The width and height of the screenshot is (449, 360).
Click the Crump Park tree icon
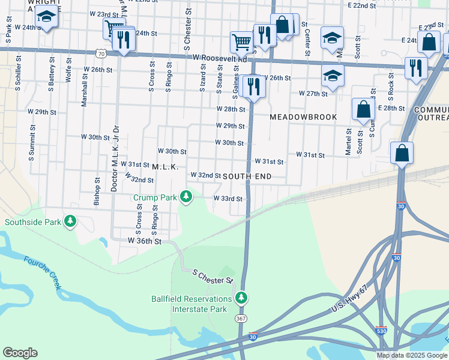[187, 196]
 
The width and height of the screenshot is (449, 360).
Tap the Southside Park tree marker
[71, 222]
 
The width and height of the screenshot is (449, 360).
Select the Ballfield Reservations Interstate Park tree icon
[241, 297]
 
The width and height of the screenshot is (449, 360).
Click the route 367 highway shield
[240, 317]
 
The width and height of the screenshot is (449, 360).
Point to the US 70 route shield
[103, 54]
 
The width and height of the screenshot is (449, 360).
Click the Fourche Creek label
[42, 273]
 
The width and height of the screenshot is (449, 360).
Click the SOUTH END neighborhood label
[247, 176]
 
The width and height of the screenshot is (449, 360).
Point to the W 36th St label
[145, 241]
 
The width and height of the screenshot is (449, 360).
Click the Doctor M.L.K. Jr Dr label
[114, 159]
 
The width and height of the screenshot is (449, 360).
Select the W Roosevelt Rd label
[220, 58]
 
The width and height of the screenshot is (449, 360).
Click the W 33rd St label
[228, 199]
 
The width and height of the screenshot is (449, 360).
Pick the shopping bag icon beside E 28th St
[363, 110]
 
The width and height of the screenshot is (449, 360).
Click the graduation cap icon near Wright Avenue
[46, 17]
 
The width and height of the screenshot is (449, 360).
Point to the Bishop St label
[97, 191]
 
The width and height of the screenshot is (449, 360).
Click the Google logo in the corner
[20, 353]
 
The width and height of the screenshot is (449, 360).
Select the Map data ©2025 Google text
[412, 355]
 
